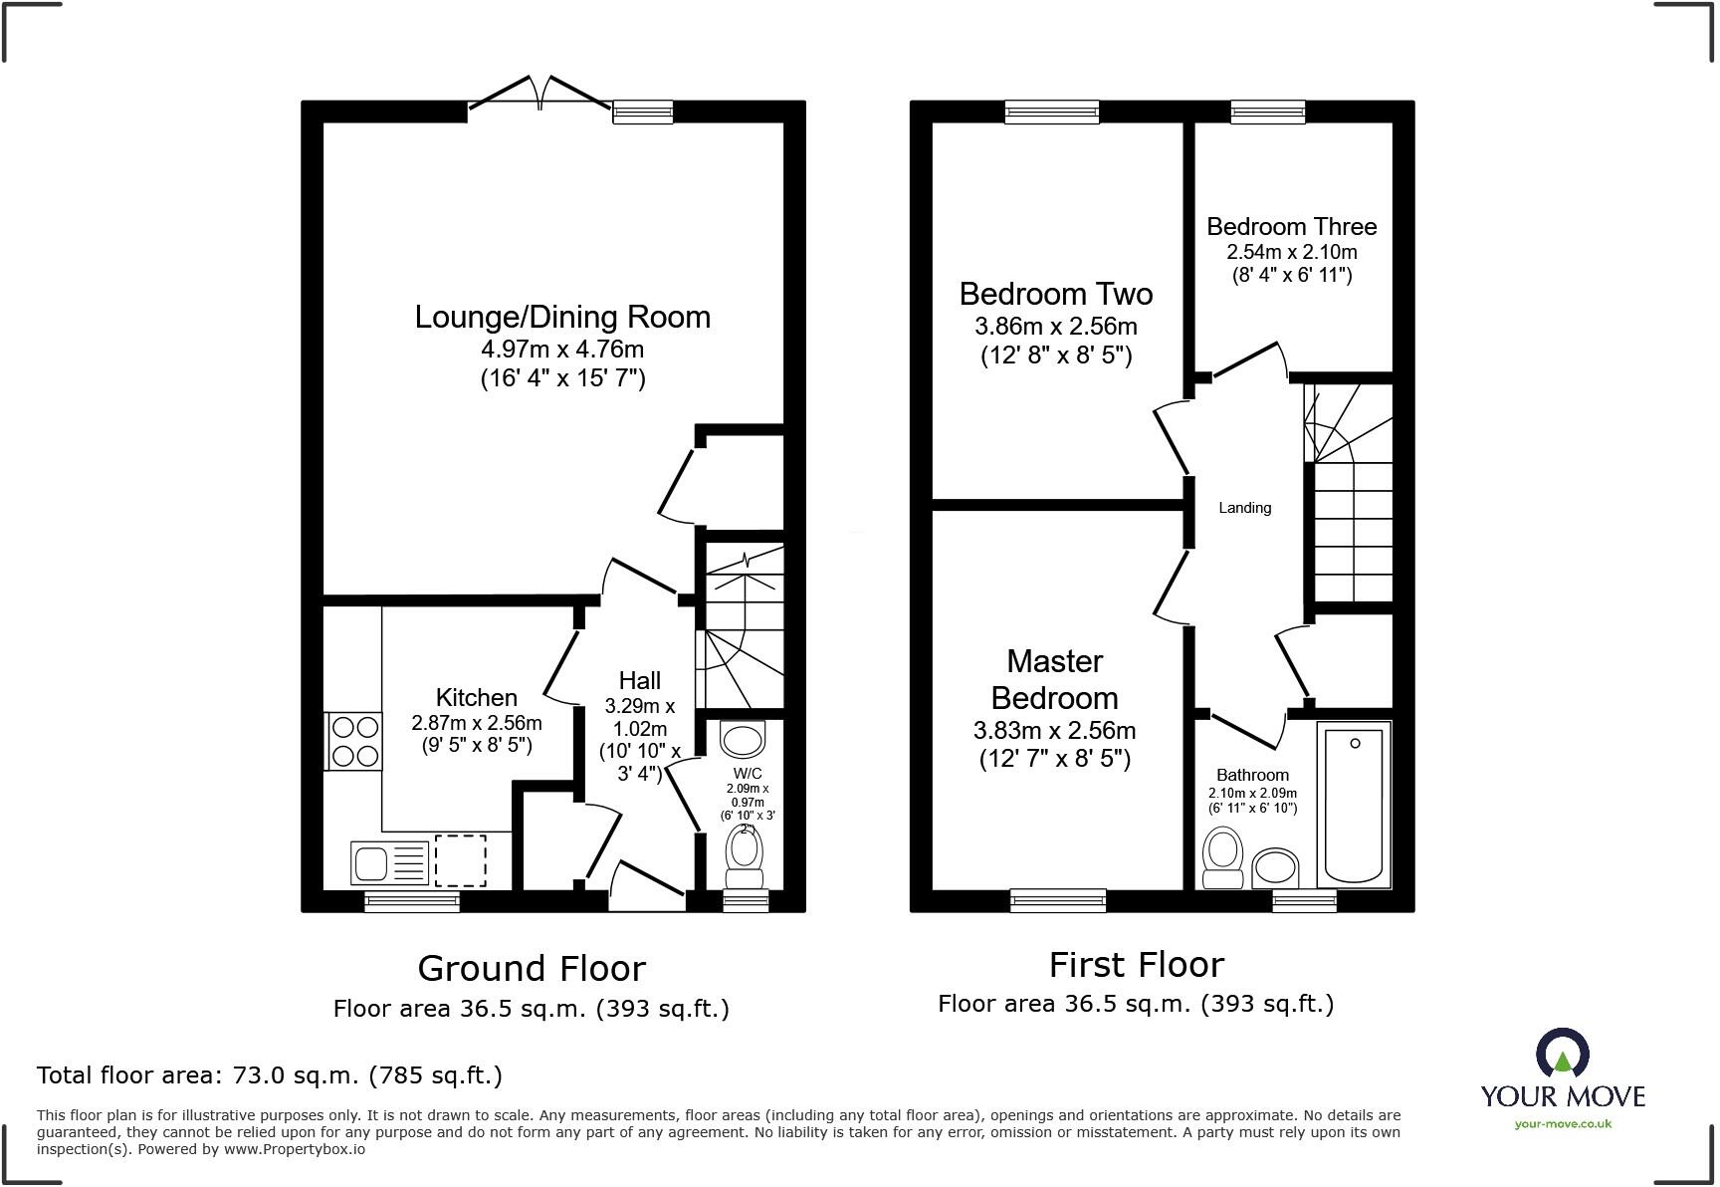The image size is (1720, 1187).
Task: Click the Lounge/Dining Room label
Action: tap(562, 318)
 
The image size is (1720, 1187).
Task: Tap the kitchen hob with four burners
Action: tap(354, 741)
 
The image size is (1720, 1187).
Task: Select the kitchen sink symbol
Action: tap(389, 862)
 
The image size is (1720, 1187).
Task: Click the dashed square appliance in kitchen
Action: tap(461, 861)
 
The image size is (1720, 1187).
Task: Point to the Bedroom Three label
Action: tap(1291, 227)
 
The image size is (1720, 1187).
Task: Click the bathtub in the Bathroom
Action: tap(1354, 805)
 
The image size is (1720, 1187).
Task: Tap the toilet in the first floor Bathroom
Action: tap(1222, 859)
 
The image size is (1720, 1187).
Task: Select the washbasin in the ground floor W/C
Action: tap(743, 740)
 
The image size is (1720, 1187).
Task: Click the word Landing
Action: tap(1244, 508)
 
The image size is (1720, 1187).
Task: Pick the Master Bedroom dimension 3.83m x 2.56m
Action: tap(1054, 731)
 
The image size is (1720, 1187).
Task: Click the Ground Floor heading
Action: tap(532, 968)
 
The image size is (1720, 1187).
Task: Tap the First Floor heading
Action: tap(1136, 964)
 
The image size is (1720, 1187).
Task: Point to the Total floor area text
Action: tap(269, 1075)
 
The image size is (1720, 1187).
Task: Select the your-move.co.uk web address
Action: tap(1563, 1124)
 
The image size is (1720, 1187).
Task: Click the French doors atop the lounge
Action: tap(538, 93)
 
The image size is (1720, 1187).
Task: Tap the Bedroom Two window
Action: tap(1052, 111)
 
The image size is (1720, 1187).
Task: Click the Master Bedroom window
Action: tap(1057, 900)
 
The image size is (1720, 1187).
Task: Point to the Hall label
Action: tap(639, 681)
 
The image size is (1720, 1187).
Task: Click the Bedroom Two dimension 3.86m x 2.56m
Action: tap(1055, 327)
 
